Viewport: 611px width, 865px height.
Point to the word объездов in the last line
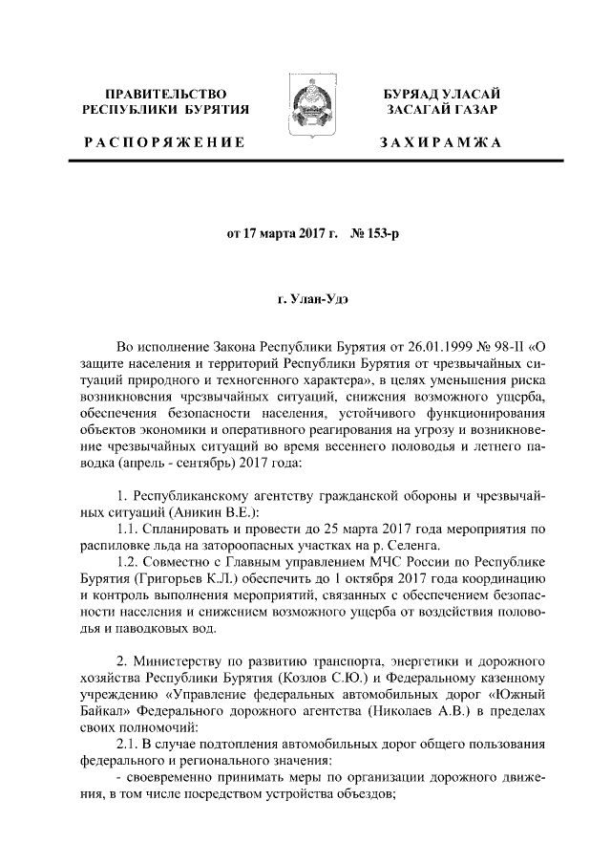click(x=362, y=799)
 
